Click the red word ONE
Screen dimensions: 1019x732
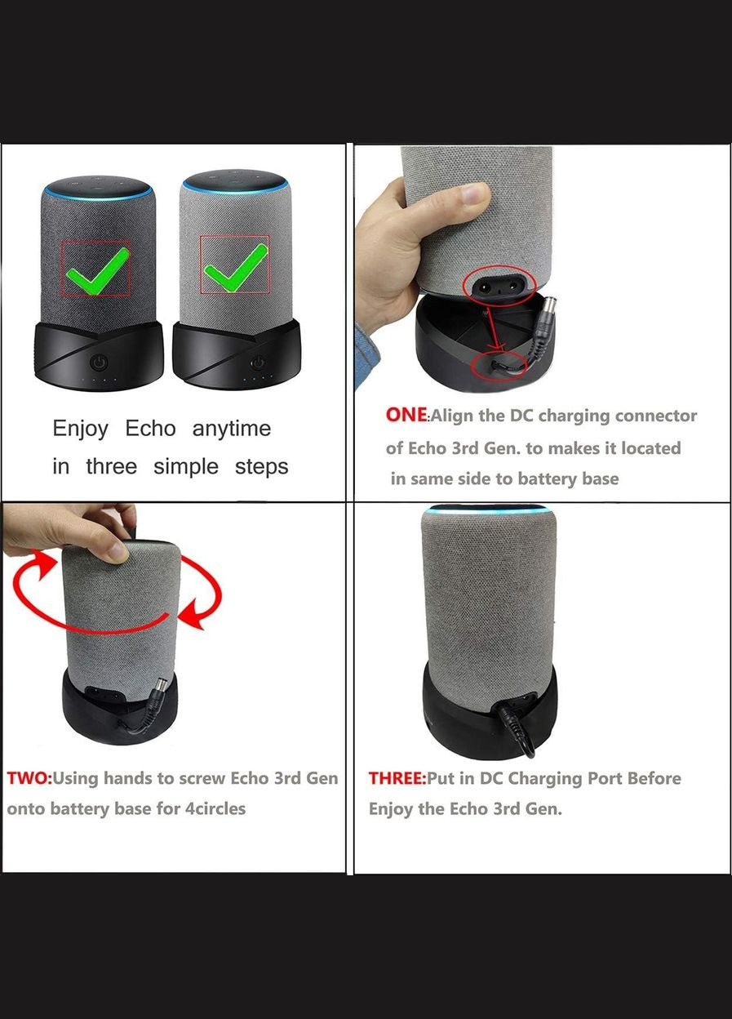pyautogui.click(x=406, y=415)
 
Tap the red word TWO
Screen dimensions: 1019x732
pyautogui.click(x=29, y=778)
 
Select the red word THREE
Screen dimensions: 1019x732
pyautogui.click(x=397, y=778)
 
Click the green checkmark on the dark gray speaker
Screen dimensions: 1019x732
pyautogui.click(x=96, y=269)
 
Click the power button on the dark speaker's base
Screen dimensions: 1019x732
pyautogui.click(x=99, y=362)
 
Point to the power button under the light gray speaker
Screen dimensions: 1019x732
pyautogui.click(x=259, y=362)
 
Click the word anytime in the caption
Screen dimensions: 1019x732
pyautogui.click(x=231, y=429)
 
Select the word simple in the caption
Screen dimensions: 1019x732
pyautogui.click(x=186, y=467)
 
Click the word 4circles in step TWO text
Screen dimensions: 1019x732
pyautogui.click(x=207, y=809)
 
